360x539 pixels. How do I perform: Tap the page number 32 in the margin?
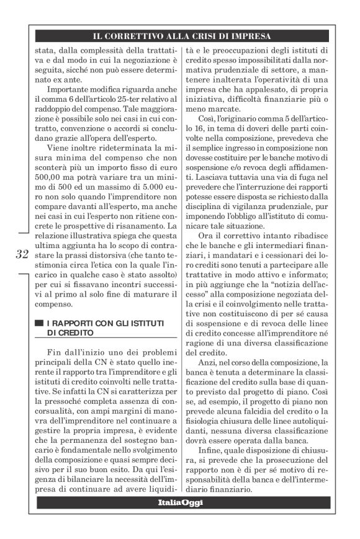click(21, 254)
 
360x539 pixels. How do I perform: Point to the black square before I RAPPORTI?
click(40, 323)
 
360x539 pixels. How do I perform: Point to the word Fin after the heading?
click(58, 352)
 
